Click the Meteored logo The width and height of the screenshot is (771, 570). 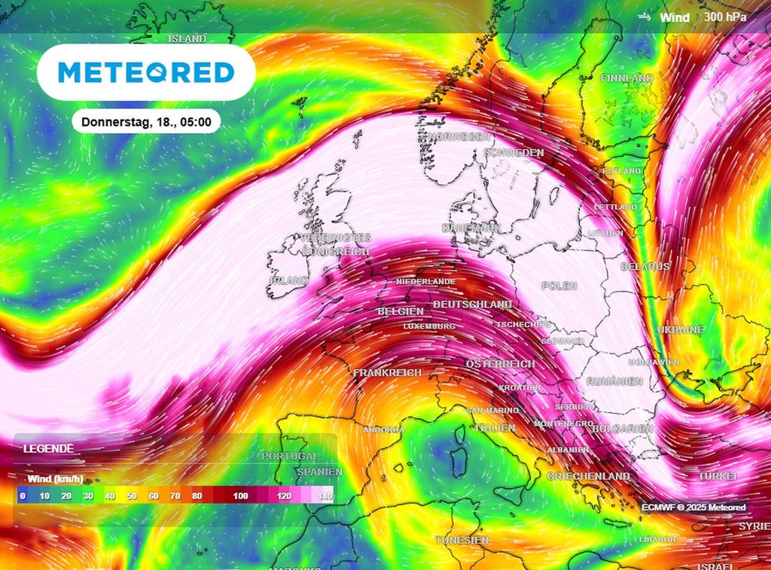click(x=146, y=72)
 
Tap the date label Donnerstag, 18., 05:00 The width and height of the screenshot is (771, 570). click(x=146, y=120)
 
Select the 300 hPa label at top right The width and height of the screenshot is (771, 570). click(x=726, y=17)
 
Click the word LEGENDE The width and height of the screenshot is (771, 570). click(x=48, y=448)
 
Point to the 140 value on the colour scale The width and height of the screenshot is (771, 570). click(x=325, y=496)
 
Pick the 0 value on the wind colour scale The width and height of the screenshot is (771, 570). click(x=23, y=496)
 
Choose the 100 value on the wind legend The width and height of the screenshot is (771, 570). click(x=241, y=496)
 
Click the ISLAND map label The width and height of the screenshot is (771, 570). click(x=187, y=38)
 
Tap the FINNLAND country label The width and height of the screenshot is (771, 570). click(x=626, y=78)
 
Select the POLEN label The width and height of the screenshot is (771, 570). click(x=559, y=286)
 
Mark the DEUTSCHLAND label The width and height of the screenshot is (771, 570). click(x=473, y=304)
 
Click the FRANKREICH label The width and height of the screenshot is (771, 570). click(x=387, y=372)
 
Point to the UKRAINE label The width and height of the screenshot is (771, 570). click(x=680, y=330)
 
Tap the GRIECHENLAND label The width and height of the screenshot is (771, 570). click(x=588, y=477)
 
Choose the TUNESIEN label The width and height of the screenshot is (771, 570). click(x=462, y=540)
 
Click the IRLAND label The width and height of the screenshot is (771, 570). click(x=288, y=280)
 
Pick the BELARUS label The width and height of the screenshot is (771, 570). click(x=645, y=267)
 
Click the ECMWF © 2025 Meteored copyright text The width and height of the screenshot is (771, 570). click(x=693, y=508)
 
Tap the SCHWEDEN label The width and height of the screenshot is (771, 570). click(x=515, y=153)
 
